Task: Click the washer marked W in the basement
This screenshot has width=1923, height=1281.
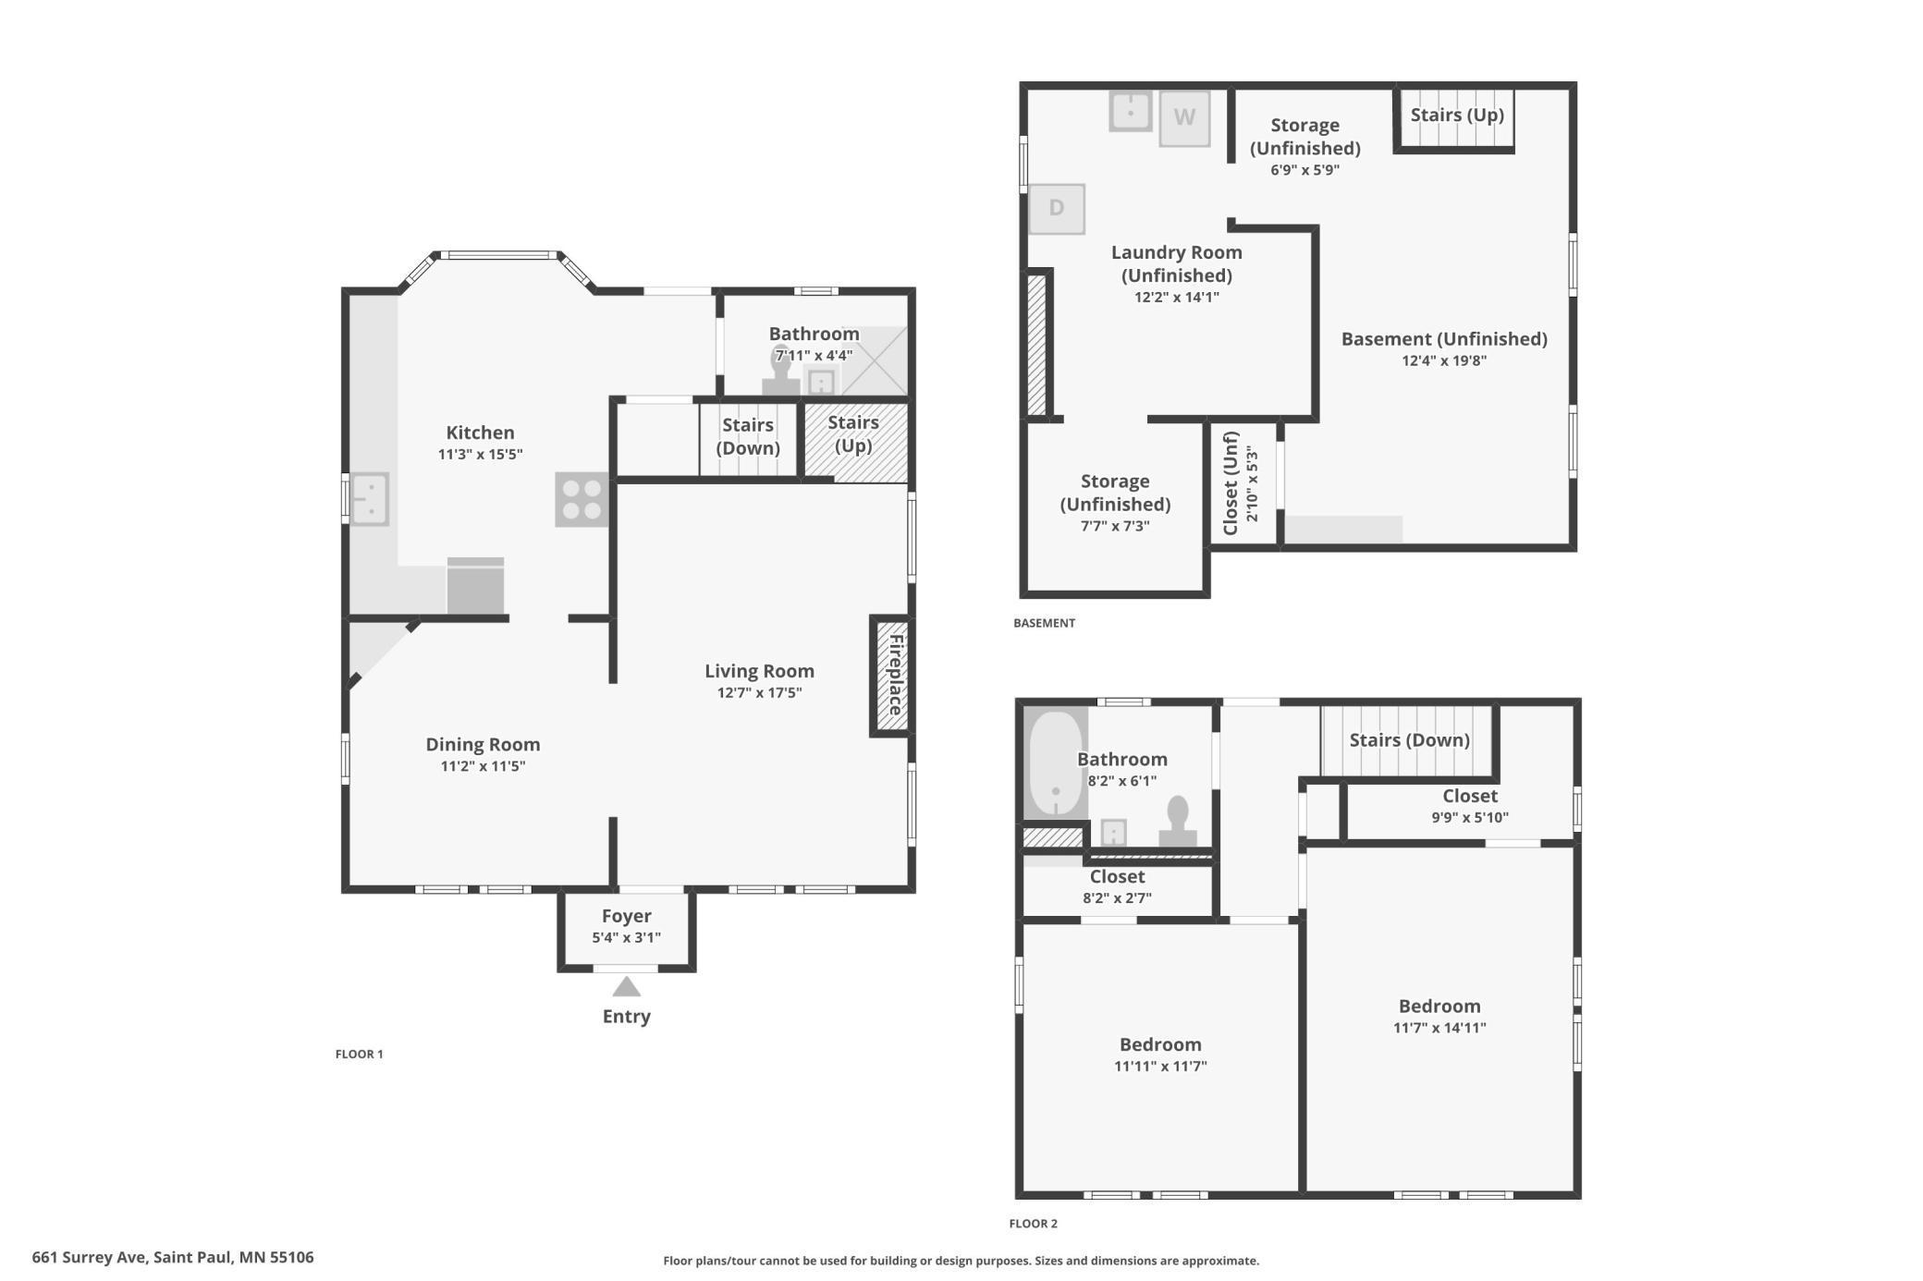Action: (1184, 118)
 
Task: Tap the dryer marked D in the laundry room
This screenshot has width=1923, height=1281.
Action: (1057, 209)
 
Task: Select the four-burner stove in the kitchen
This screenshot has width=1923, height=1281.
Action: (582, 500)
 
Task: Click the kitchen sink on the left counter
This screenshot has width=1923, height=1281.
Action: (369, 499)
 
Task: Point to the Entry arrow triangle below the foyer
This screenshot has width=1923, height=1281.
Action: (627, 987)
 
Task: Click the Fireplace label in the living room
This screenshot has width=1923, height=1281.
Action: (896, 675)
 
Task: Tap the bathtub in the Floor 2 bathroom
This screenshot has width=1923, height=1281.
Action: (1055, 763)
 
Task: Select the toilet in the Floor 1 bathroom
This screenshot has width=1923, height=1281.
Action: (781, 372)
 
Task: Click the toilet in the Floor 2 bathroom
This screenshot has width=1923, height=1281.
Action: (1178, 822)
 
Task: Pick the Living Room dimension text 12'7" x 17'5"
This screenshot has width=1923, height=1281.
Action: (759, 693)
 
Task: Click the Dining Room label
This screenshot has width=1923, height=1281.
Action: (483, 744)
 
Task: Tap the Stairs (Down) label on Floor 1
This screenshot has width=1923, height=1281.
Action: (748, 436)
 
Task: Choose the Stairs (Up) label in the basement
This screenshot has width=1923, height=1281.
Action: (1457, 115)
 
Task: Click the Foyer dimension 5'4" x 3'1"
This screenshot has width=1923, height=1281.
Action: (627, 938)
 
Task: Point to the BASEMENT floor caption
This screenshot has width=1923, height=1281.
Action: (1044, 623)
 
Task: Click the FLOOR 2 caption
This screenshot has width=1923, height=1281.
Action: (1033, 1224)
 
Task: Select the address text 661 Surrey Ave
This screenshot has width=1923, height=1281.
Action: (89, 1257)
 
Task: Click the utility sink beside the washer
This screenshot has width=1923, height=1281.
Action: (1130, 112)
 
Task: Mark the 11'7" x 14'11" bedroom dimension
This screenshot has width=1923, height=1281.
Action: (1439, 1028)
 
